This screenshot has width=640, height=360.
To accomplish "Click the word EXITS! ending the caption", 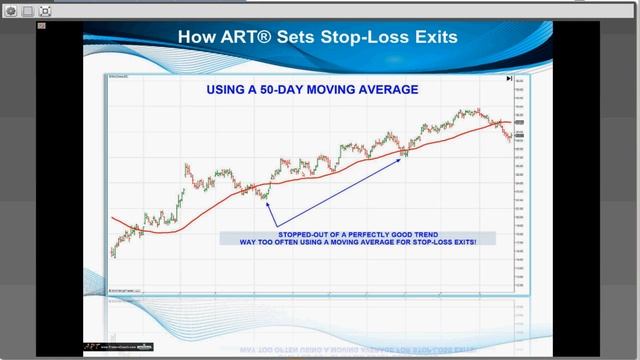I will point(459,242).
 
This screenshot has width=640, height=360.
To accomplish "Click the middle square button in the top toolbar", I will point(28,10).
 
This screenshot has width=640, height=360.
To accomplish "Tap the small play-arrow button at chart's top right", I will point(509,78).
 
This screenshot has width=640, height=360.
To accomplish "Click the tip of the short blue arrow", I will point(263,195).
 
